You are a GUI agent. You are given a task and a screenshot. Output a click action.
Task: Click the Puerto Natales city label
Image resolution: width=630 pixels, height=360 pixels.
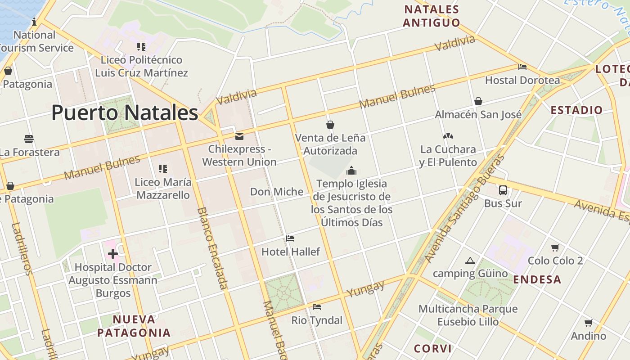[x=125, y=112]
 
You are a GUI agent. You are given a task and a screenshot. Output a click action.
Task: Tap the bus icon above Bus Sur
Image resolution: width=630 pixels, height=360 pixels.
[x=503, y=190]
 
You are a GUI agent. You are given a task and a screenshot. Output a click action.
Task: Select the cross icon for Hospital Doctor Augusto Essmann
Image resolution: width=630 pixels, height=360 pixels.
[x=112, y=254]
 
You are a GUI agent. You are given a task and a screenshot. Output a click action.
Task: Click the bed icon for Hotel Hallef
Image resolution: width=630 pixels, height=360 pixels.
[x=290, y=238]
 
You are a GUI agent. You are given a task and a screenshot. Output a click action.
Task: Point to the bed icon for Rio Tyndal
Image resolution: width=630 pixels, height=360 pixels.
[x=317, y=307]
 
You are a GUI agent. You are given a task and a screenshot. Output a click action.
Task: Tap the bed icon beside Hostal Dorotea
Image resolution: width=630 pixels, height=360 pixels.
[x=522, y=67]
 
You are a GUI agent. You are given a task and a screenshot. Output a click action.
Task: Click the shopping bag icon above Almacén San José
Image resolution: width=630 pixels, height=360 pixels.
[x=478, y=101]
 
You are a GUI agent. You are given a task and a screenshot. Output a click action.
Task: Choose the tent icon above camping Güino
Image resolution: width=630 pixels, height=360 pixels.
[x=470, y=261]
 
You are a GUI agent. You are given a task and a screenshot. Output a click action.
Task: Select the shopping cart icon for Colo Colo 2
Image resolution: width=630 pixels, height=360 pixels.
[x=555, y=247]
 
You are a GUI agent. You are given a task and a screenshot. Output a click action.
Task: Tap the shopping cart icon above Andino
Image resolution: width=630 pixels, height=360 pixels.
[x=588, y=323]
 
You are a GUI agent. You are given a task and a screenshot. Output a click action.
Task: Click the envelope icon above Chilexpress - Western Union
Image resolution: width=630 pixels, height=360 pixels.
[x=239, y=136]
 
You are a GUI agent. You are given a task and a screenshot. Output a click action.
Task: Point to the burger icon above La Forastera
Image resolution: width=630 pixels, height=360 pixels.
[x=29, y=139]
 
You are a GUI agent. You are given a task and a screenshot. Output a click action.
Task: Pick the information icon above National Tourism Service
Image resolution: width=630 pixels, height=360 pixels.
[x=34, y=22]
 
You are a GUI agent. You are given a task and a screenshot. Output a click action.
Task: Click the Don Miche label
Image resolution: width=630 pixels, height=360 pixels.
[x=277, y=192]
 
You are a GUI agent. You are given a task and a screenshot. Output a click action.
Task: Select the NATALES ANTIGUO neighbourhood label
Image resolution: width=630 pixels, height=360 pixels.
[x=432, y=16]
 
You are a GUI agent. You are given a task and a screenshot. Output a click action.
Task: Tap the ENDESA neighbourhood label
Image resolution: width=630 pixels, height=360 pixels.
[x=537, y=279]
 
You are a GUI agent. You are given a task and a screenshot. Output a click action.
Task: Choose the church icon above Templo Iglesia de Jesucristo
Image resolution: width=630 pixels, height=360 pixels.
[x=351, y=171]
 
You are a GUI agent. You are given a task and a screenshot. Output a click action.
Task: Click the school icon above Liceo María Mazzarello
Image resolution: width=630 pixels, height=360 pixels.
[x=163, y=169]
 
